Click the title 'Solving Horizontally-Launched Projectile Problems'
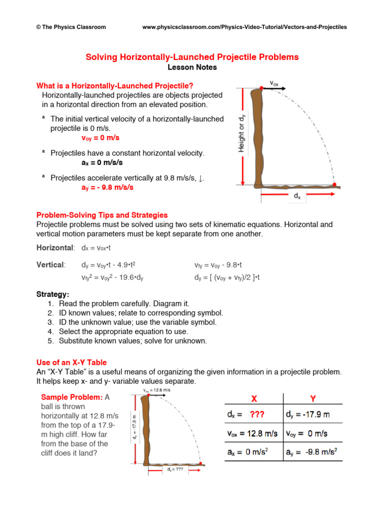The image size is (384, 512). (192, 57)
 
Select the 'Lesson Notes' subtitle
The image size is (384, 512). (192, 67)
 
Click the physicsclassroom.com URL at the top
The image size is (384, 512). (244, 27)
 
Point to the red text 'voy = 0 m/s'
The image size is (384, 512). (100, 137)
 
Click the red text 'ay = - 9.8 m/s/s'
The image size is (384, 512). (107, 187)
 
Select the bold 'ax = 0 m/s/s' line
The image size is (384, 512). (102, 162)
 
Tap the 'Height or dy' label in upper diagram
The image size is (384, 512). (242, 133)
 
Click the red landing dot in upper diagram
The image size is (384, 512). (334, 184)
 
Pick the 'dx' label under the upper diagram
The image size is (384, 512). (297, 197)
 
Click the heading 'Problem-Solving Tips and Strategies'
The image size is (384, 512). (102, 215)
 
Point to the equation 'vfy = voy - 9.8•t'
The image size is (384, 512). (218, 265)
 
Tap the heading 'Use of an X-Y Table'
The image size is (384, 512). (71, 362)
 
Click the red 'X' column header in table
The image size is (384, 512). (253, 398)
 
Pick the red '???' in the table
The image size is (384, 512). (257, 414)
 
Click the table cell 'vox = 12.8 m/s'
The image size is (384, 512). (253, 433)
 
